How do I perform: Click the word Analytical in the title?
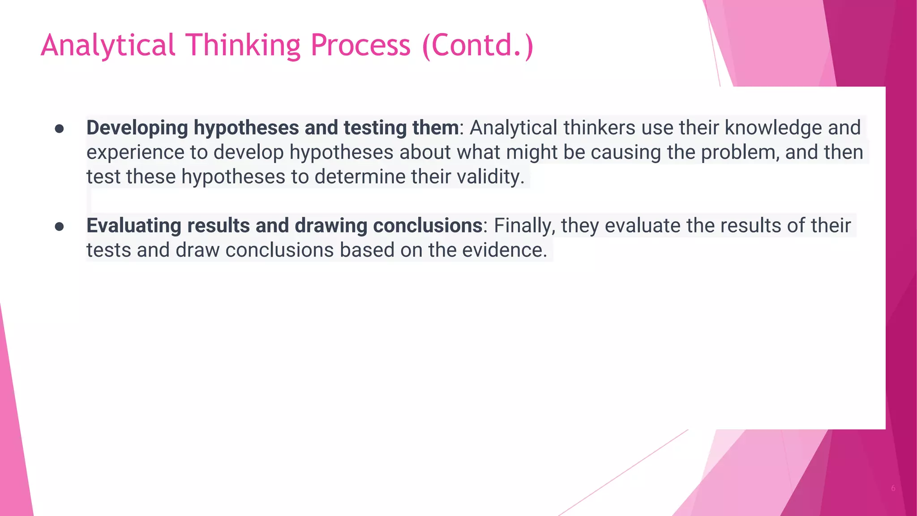pyautogui.click(x=107, y=46)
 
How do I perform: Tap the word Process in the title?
pyautogui.click(x=360, y=46)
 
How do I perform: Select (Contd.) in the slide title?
pyautogui.click(x=478, y=46)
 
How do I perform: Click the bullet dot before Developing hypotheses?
pyautogui.click(x=59, y=129)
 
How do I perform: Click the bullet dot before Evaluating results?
pyautogui.click(x=59, y=227)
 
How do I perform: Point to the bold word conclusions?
pyautogui.click(x=427, y=226)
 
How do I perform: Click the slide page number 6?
pyautogui.click(x=893, y=488)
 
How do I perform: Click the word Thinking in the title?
pyautogui.click(x=243, y=46)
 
